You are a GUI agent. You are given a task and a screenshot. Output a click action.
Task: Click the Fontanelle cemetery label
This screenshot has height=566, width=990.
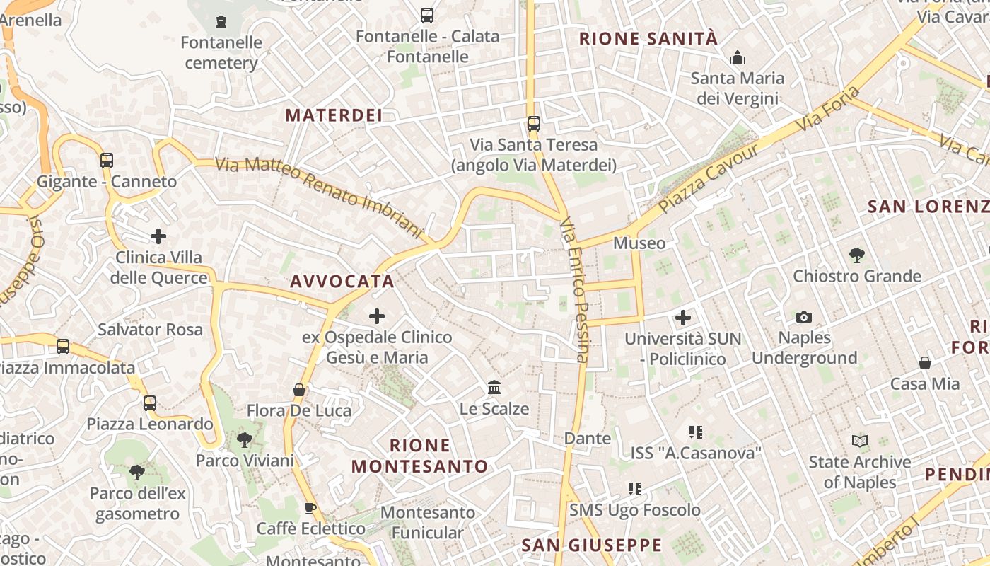point(221,53)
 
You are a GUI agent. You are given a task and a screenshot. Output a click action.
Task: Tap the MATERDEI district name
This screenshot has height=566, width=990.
point(333,115)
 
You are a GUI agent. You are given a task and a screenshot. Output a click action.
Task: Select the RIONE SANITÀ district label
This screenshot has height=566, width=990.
point(648,39)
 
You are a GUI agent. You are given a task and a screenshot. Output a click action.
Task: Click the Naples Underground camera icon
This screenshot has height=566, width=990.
point(804,317)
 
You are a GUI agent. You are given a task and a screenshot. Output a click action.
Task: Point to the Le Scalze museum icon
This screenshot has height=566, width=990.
point(494,388)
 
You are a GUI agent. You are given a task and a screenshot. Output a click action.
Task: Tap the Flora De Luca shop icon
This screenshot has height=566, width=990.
point(299,390)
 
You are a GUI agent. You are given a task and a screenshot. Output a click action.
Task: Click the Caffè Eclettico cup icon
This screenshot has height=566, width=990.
point(310,507)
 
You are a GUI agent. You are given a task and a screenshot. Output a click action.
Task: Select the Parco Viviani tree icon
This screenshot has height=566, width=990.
point(245,440)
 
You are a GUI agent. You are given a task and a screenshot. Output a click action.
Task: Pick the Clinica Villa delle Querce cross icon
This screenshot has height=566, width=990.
point(158,236)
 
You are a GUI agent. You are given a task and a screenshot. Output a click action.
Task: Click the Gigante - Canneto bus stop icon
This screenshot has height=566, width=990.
point(106,161)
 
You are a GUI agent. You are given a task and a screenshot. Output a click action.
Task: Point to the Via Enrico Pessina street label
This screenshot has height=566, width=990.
point(574,290)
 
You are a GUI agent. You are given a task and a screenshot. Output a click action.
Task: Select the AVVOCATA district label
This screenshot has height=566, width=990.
point(342,282)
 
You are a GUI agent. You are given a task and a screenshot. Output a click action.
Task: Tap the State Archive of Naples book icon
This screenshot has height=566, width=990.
point(860,441)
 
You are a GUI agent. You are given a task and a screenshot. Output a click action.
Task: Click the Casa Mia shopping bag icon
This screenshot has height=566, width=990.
point(924,363)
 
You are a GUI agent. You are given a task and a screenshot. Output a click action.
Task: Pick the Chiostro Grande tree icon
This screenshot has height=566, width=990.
point(857,255)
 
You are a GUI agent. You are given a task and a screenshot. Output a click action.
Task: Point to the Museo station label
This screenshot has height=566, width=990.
point(639,243)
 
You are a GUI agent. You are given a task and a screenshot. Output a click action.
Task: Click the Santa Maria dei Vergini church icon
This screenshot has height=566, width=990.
point(738,57)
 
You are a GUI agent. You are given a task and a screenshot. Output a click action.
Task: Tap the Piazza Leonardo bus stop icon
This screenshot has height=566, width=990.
point(150,403)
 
